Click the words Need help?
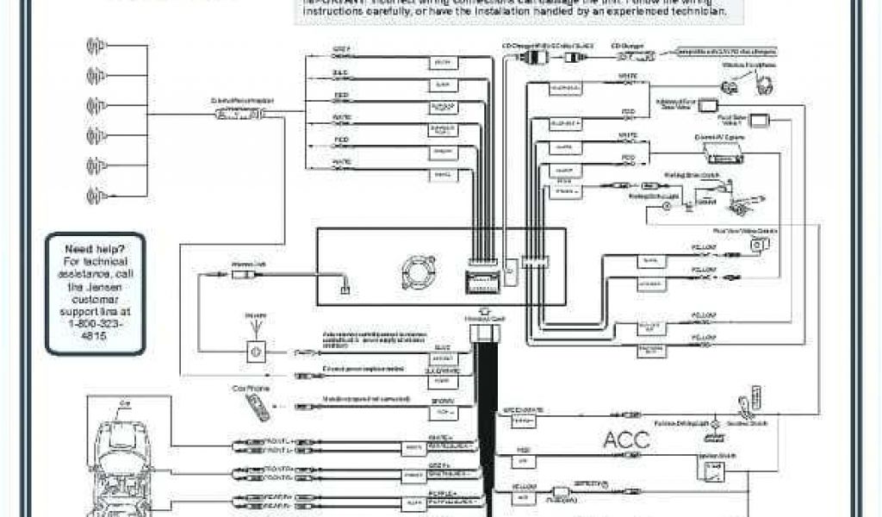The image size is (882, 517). (95, 250)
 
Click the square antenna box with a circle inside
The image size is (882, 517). (256, 350)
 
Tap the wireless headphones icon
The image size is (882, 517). (764, 84)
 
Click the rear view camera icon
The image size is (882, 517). (758, 245)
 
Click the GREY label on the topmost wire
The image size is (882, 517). (341, 48)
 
